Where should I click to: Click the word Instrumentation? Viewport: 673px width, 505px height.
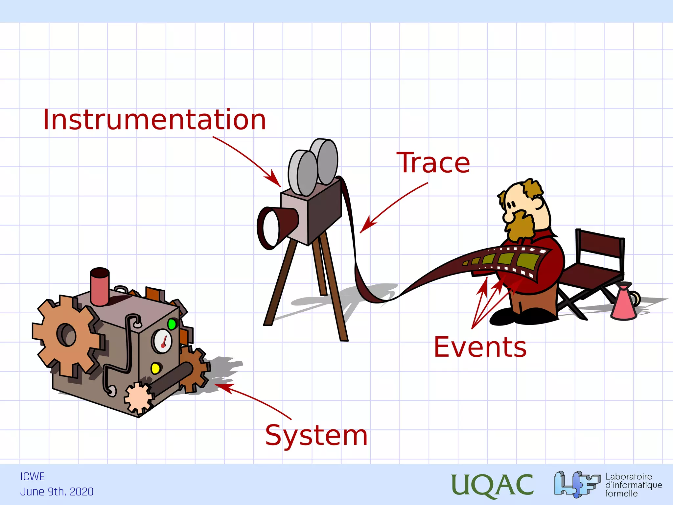pos(154,120)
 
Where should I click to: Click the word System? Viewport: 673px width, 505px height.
pos(316,435)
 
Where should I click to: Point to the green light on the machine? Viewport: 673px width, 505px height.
pos(172,324)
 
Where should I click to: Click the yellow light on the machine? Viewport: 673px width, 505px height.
pos(155,368)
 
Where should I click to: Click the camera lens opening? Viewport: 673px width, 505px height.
pos(270,228)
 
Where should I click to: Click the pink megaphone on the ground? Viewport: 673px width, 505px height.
pos(623,302)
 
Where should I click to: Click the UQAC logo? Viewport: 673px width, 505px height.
pos(492,485)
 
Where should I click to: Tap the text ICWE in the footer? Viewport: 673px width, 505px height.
pos(32,476)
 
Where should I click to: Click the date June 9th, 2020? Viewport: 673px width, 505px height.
pos(57,492)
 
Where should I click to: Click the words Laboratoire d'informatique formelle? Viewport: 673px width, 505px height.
pos(633,485)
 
